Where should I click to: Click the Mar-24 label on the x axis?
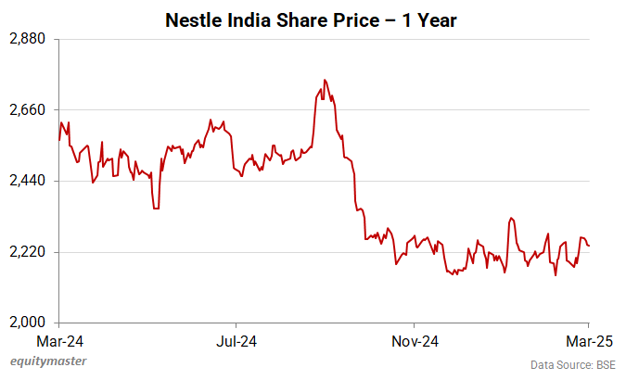tap(59, 340)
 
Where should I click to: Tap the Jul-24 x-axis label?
tap(236, 340)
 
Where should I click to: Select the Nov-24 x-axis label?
tap(415, 340)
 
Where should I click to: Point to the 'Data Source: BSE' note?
tap(572, 364)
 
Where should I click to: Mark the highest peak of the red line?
tap(324, 80)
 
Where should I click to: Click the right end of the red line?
tap(590, 246)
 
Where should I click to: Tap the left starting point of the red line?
tap(59, 140)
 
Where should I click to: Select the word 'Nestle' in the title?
tap(192, 19)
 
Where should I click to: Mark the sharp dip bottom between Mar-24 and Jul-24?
tap(156, 209)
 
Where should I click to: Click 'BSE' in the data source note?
tap(604, 364)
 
